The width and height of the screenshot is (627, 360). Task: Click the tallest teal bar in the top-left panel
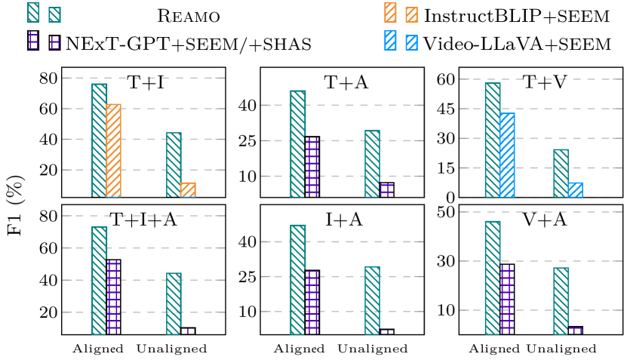click(x=99, y=140)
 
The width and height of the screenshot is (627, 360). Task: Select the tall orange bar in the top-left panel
click(x=114, y=150)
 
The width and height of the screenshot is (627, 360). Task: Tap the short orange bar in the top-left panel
click(x=188, y=189)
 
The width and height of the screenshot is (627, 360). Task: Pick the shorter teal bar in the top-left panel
click(x=174, y=165)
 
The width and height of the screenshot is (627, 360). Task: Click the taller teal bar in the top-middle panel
click(x=297, y=143)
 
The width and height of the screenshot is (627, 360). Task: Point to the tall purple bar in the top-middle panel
click(x=312, y=168)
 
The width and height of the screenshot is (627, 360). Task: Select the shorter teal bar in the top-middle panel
click(x=372, y=164)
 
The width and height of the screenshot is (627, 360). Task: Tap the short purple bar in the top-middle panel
click(x=386, y=190)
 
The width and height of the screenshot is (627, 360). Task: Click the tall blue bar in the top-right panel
click(x=507, y=155)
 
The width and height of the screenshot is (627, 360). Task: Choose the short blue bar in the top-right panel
click(x=575, y=189)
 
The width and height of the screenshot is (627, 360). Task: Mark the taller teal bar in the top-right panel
click(x=492, y=140)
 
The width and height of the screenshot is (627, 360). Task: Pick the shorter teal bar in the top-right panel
click(x=561, y=173)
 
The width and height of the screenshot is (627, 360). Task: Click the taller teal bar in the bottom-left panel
click(x=99, y=280)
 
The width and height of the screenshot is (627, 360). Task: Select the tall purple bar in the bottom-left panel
click(x=113, y=297)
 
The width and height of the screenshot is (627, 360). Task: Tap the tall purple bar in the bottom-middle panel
click(x=312, y=303)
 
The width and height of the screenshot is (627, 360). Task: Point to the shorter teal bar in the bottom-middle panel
click(x=372, y=300)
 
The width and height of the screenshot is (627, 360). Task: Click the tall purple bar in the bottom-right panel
click(x=507, y=299)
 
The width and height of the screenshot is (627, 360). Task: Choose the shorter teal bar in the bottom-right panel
click(x=561, y=300)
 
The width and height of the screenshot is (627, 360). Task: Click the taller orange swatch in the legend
click(x=390, y=13)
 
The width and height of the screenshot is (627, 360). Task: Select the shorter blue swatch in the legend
click(x=411, y=43)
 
